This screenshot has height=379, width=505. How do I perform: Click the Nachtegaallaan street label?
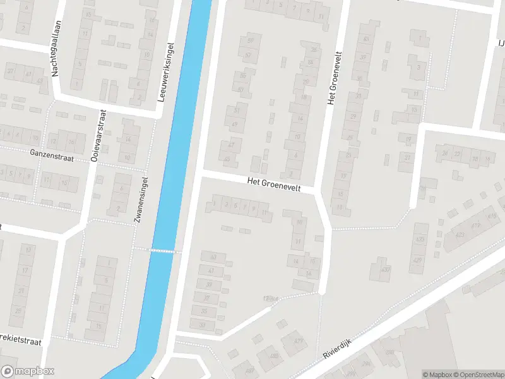(x=55, y=57)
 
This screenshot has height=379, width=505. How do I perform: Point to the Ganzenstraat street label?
(x=52, y=153)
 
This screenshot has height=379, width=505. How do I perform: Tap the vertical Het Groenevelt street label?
(x=329, y=78)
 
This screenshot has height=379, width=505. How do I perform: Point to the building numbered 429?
(x=417, y=260)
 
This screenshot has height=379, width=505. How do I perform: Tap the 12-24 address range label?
(x=271, y=299)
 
